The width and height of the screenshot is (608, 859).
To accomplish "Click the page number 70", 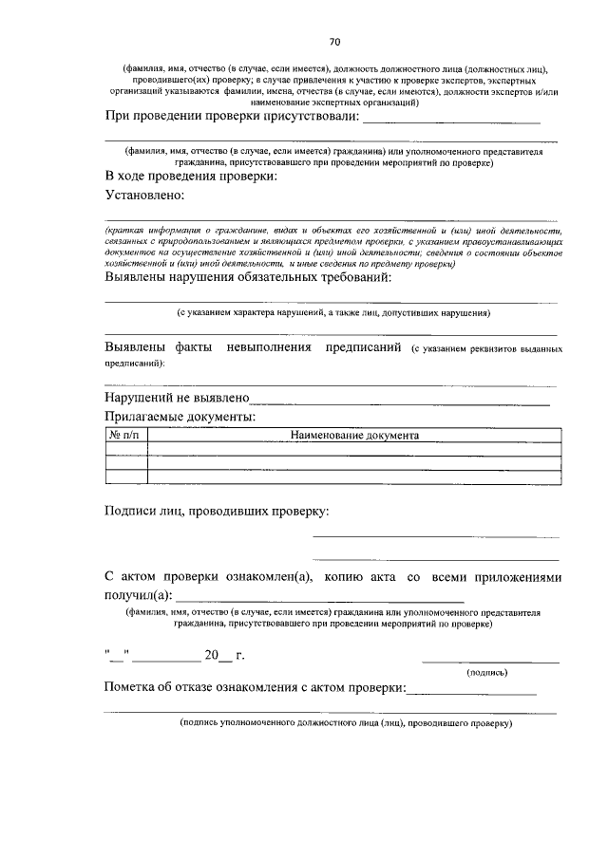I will pos(334,42).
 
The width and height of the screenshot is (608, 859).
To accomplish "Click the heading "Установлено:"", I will pos(144,195).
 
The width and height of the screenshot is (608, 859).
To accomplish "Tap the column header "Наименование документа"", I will pos(354,436).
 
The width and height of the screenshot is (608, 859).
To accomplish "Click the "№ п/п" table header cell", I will pos(125,436).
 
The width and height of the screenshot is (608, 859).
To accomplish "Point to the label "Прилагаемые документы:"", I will pos(180,416).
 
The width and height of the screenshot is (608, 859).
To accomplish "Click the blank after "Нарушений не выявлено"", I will pos(399,400).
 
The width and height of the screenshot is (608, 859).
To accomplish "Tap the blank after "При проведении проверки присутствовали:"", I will pos(452,119).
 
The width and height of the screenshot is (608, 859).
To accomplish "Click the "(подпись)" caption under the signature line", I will pos(485,673).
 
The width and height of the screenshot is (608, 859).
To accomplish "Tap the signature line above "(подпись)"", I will pos(490,661).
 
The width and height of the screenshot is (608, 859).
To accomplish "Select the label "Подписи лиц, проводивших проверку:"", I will pos(217,512).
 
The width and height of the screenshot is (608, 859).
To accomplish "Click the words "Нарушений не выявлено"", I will pos(177,399).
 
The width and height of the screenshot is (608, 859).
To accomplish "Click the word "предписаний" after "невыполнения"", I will pos(364,347).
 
